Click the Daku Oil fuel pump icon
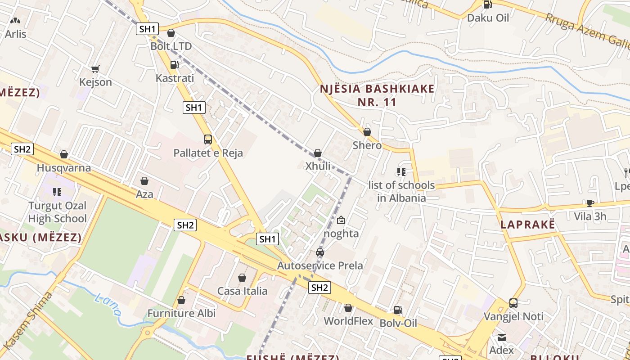click(487, 5)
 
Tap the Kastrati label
click(175, 78)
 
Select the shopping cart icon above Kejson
click(95, 69)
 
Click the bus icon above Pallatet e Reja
click(207, 139)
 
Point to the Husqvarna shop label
click(64, 168)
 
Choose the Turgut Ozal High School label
click(57, 212)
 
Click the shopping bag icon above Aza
click(144, 181)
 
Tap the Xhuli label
click(318, 166)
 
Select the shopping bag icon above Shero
click(367, 132)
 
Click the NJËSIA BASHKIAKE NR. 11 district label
click(378, 95)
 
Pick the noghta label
click(342, 234)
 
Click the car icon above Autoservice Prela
click(320, 252)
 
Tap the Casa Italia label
click(242, 291)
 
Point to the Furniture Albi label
click(182, 313)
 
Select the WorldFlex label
click(349, 321)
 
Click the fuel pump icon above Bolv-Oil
click(398, 310)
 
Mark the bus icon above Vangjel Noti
click(513, 303)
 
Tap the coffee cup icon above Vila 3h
click(590, 203)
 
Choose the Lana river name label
click(108, 304)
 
